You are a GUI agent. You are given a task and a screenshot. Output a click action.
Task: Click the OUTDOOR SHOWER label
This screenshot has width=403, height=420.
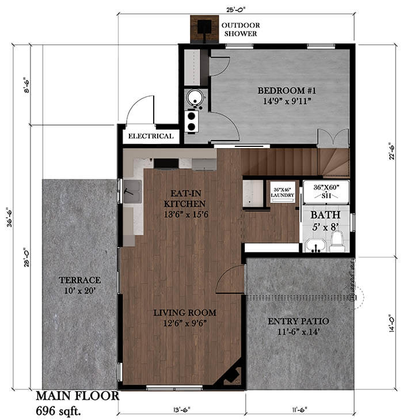[241, 29]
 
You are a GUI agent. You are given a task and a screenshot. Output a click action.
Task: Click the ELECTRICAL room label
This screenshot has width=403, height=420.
[150, 137]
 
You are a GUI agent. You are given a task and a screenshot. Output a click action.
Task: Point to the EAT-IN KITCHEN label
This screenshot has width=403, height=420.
[184, 199]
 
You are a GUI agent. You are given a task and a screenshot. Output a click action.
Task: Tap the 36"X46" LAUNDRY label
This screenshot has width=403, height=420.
[283, 192]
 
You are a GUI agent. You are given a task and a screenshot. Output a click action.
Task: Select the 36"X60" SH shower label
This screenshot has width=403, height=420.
[326, 191]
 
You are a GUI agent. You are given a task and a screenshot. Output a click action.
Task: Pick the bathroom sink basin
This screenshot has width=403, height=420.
[315, 247]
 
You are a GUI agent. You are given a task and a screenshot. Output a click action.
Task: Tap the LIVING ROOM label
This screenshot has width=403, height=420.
[184, 313]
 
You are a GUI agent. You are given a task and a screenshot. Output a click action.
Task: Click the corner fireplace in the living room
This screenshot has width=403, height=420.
[231, 374]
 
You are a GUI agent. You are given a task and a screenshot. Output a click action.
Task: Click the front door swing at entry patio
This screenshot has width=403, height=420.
[230, 280]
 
